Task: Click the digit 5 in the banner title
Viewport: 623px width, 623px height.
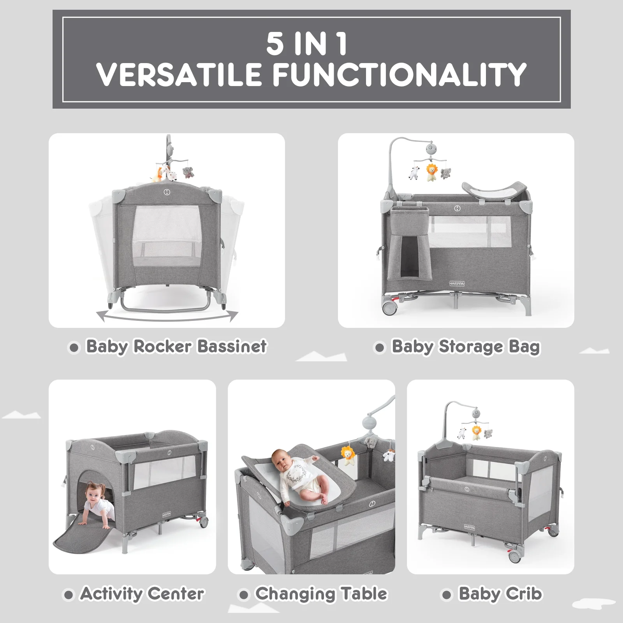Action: [x=275, y=43]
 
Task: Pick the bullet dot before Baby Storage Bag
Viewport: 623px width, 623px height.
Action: [x=380, y=347]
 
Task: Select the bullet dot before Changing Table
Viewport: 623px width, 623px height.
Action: [x=244, y=595]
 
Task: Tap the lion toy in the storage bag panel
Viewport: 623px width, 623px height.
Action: [x=431, y=172]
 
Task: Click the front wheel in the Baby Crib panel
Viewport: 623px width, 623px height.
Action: [x=516, y=555]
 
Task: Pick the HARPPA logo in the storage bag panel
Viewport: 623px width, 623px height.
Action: [x=457, y=283]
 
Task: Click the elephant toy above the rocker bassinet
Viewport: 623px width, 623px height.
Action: [x=188, y=172]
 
